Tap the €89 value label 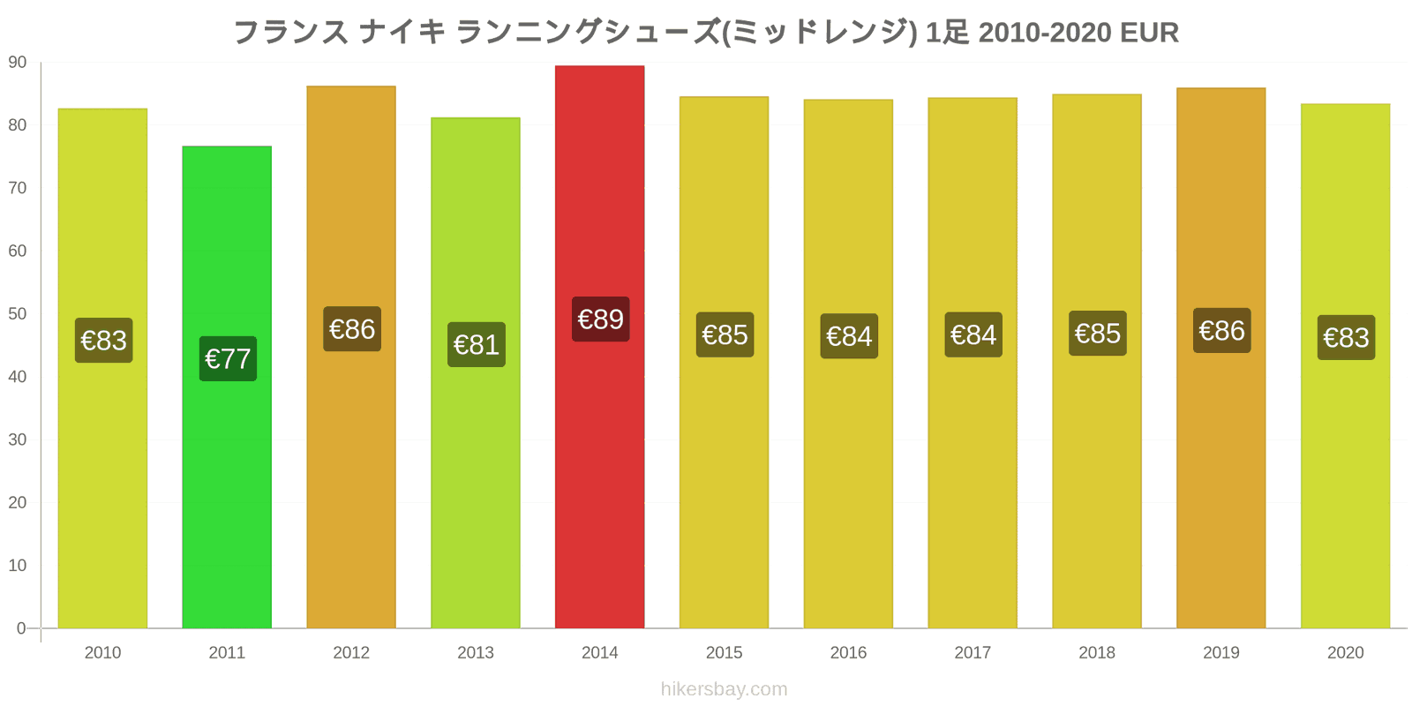pyautogui.click(x=600, y=319)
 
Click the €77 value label pyautogui.click(x=228, y=358)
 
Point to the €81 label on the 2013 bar pyautogui.click(x=476, y=344)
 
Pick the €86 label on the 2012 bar pyautogui.click(x=351, y=329)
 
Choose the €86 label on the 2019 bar pyautogui.click(x=1221, y=331)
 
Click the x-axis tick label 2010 pyautogui.click(x=102, y=653)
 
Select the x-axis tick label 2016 pyautogui.click(x=848, y=653)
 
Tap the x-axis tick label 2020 pyautogui.click(x=1345, y=653)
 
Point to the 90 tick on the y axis pyautogui.click(x=18, y=63)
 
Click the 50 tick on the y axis pyautogui.click(x=18, y=314)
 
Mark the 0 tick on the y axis pyautogui.click(x=21, y=628)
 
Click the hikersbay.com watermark pyautogui.click(x=724, y=689)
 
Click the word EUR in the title pyautogui.click(x=1149, y=33)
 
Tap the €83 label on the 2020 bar pyautogui.click(x=1346, y=337)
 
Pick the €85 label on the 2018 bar pyautogui.click(x=1097, y=334)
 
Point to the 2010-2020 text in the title pyautogui.click(x=1045, y=33)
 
